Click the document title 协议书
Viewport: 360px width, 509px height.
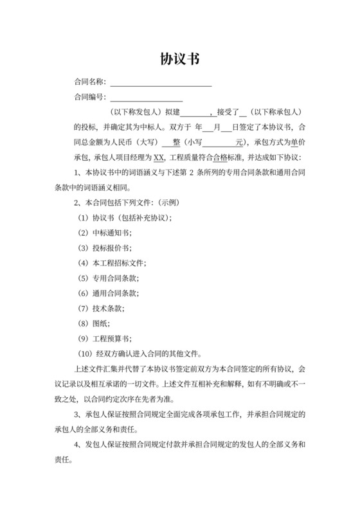(x=179, y=59)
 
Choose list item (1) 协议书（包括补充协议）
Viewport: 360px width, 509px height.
(x=124, y=218)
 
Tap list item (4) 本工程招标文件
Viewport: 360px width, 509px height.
(x=111, y=263)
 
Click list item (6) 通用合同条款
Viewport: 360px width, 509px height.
(x=107, y=293)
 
